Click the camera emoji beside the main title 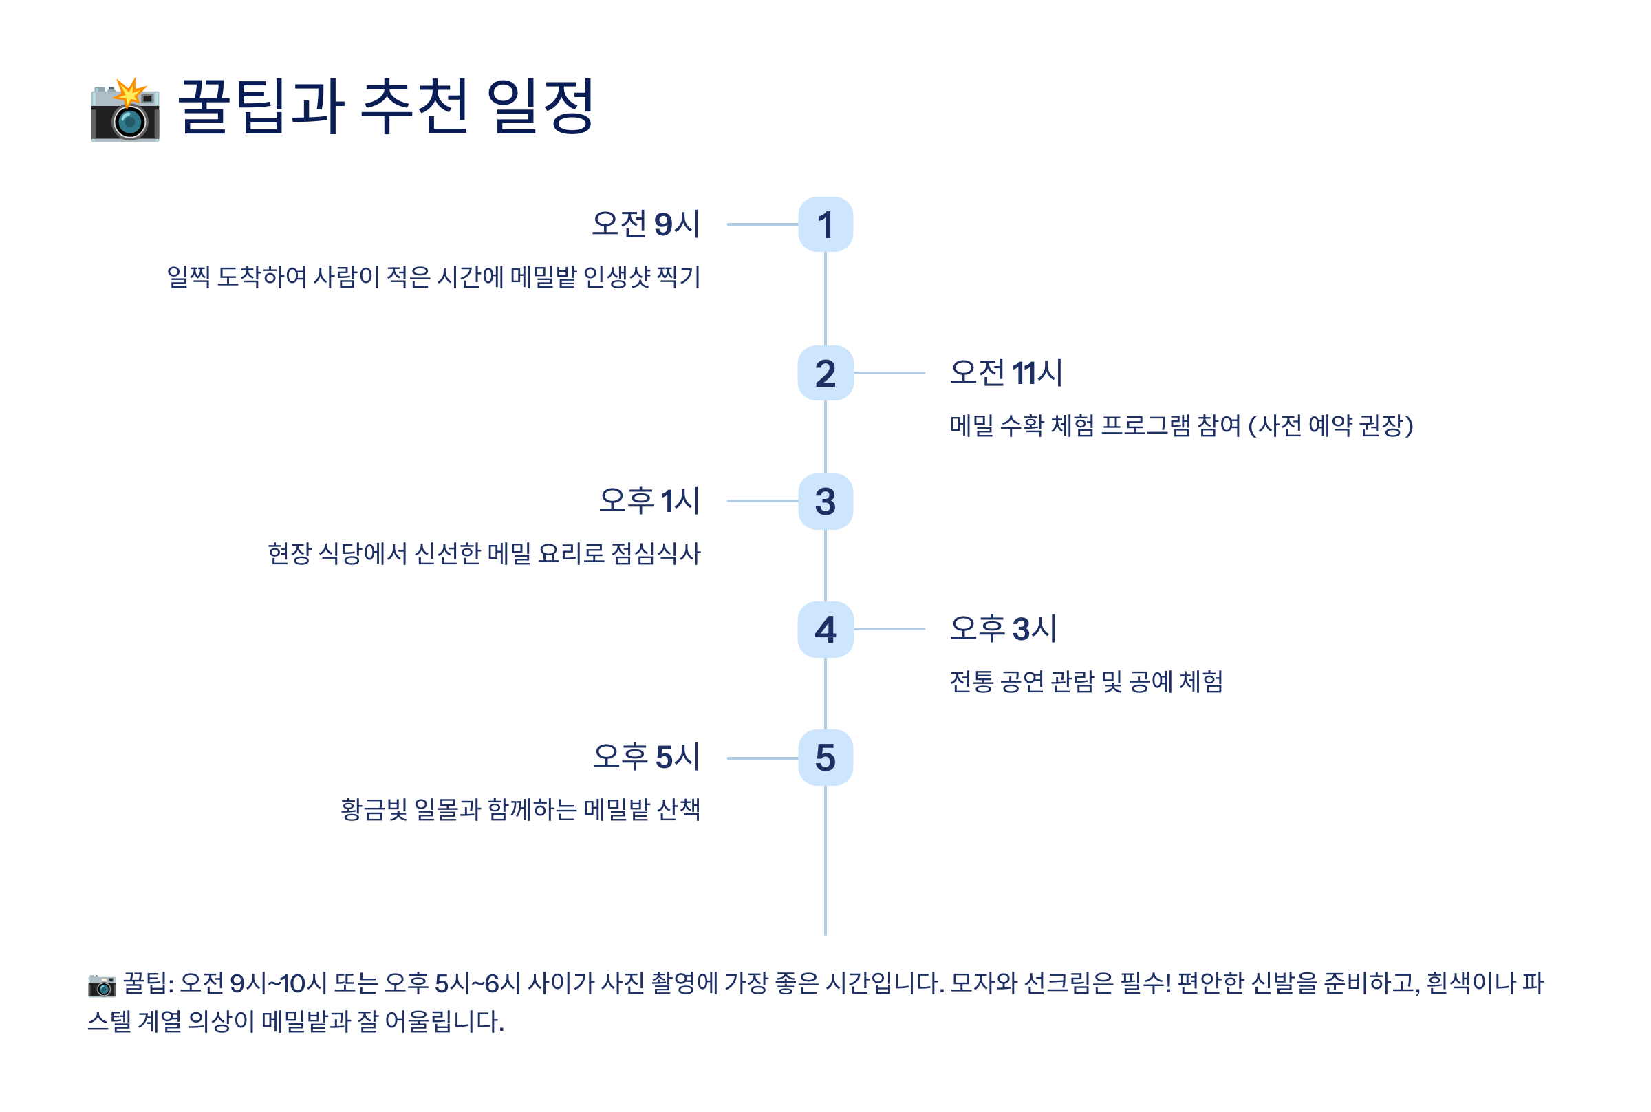[125, 111]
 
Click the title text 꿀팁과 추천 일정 [386, 107]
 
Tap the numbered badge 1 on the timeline [825, 224]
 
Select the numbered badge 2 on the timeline [825, 373]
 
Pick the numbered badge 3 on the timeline [825, 502]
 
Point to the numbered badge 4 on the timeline [825, 629]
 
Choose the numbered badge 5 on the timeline [825, 758]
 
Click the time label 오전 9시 [645, 224]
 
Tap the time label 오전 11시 [1006, 373]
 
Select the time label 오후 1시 [649, 501]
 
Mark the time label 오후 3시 [1003, 629]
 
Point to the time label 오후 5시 [647, 757]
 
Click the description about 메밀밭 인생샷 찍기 [433, 277]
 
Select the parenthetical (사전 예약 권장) [1330, 425]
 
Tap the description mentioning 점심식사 [484, 553]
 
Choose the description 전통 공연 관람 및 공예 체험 [1086, 681]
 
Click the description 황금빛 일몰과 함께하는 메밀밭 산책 [520, 809]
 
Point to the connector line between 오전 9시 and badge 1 [763, 224]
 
